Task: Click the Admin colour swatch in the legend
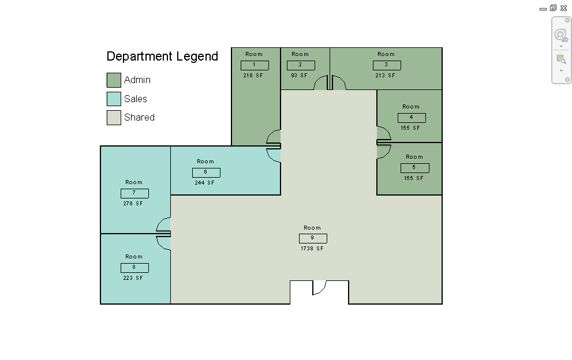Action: click(114, 80)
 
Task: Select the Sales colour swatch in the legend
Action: click(114, 99)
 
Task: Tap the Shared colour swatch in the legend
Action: click(114, 118)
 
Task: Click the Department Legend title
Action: click(162, 57)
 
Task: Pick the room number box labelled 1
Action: click(255, 65)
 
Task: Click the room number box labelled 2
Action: click(301, 65)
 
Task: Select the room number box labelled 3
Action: click(386, 65)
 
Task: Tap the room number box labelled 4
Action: click(412, 118)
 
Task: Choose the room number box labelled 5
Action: click(414, 168)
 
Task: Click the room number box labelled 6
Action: click(206, 172)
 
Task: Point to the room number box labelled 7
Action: click(134, 193)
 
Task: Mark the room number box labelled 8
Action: click(134, 268)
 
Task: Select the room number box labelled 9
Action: click(313, 238)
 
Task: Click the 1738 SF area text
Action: click(312, 249)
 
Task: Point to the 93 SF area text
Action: click(300, 76)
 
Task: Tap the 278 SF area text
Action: click(133, 204)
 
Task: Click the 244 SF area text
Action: click(205, 183)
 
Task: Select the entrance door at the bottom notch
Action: click(319, 287)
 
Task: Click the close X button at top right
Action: click(563, 8)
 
